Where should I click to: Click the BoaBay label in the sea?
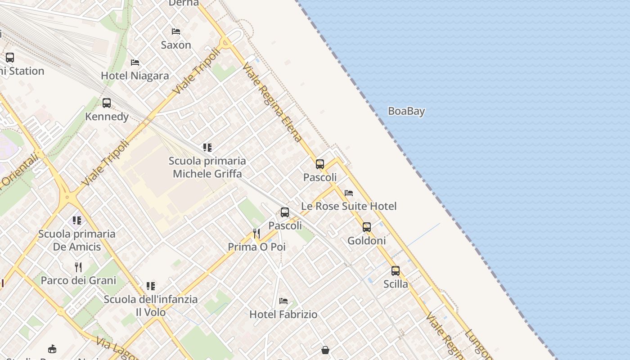pyautogui.click(x=406, y=111)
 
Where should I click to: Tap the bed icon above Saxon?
pyautogui.click(x=176, y=31)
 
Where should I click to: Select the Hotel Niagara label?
pyautogui.click(x=135, y=76)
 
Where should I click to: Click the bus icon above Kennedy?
pyautogui.click(x=107, y=103)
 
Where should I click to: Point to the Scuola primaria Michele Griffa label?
pyautogui.click(x=207, y=167)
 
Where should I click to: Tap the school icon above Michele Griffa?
pyautogui.click(x=207, y=147)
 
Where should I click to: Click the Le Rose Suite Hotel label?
pyautogui.click(x=349, y=206)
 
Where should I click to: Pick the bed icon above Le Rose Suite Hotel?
pyautogui.click(x=349, y=193)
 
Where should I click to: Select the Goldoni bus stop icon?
pyautogui.click(x=367, y=227)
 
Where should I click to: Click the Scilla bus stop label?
pyautogui.click(x=396, y=284)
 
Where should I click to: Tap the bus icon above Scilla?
pyautogui.click(x=396, y=271)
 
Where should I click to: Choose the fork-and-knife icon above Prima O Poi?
pyautogui.click(x=256, y=233)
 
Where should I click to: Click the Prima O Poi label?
pyautogui.click(x=256, y=247)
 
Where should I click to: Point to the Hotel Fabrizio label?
pyautogui.click(x=283, y=314)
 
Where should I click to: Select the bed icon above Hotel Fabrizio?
pyautogui.click(x=283, y=301)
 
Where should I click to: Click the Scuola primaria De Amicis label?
pyautogui.click(x=77, y=240)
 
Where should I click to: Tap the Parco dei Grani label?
pyautogui.click(x=78, y=280)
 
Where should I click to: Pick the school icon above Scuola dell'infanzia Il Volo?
pyautogui.click(x=151, y=286)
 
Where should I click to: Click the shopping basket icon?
pyautogui.click(x=325, y=350)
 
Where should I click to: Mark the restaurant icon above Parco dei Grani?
pyautogui.click(x=78, y=267)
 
